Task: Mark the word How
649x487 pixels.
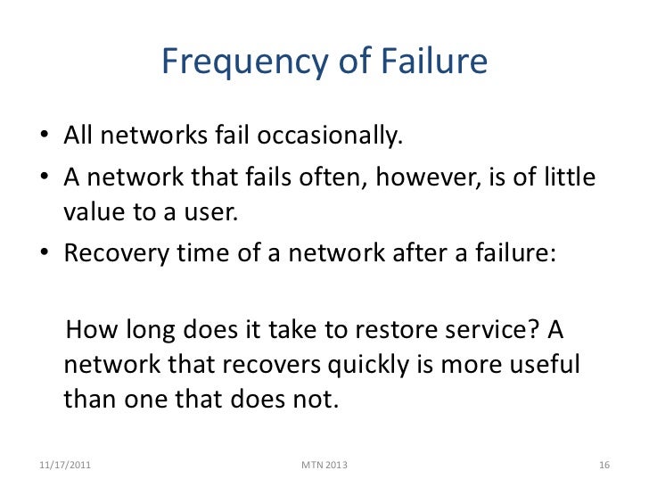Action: [94, 331]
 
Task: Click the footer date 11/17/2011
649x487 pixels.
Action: [65, 465]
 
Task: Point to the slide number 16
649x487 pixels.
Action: [603, 465]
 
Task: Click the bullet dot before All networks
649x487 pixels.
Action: [45, 140]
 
